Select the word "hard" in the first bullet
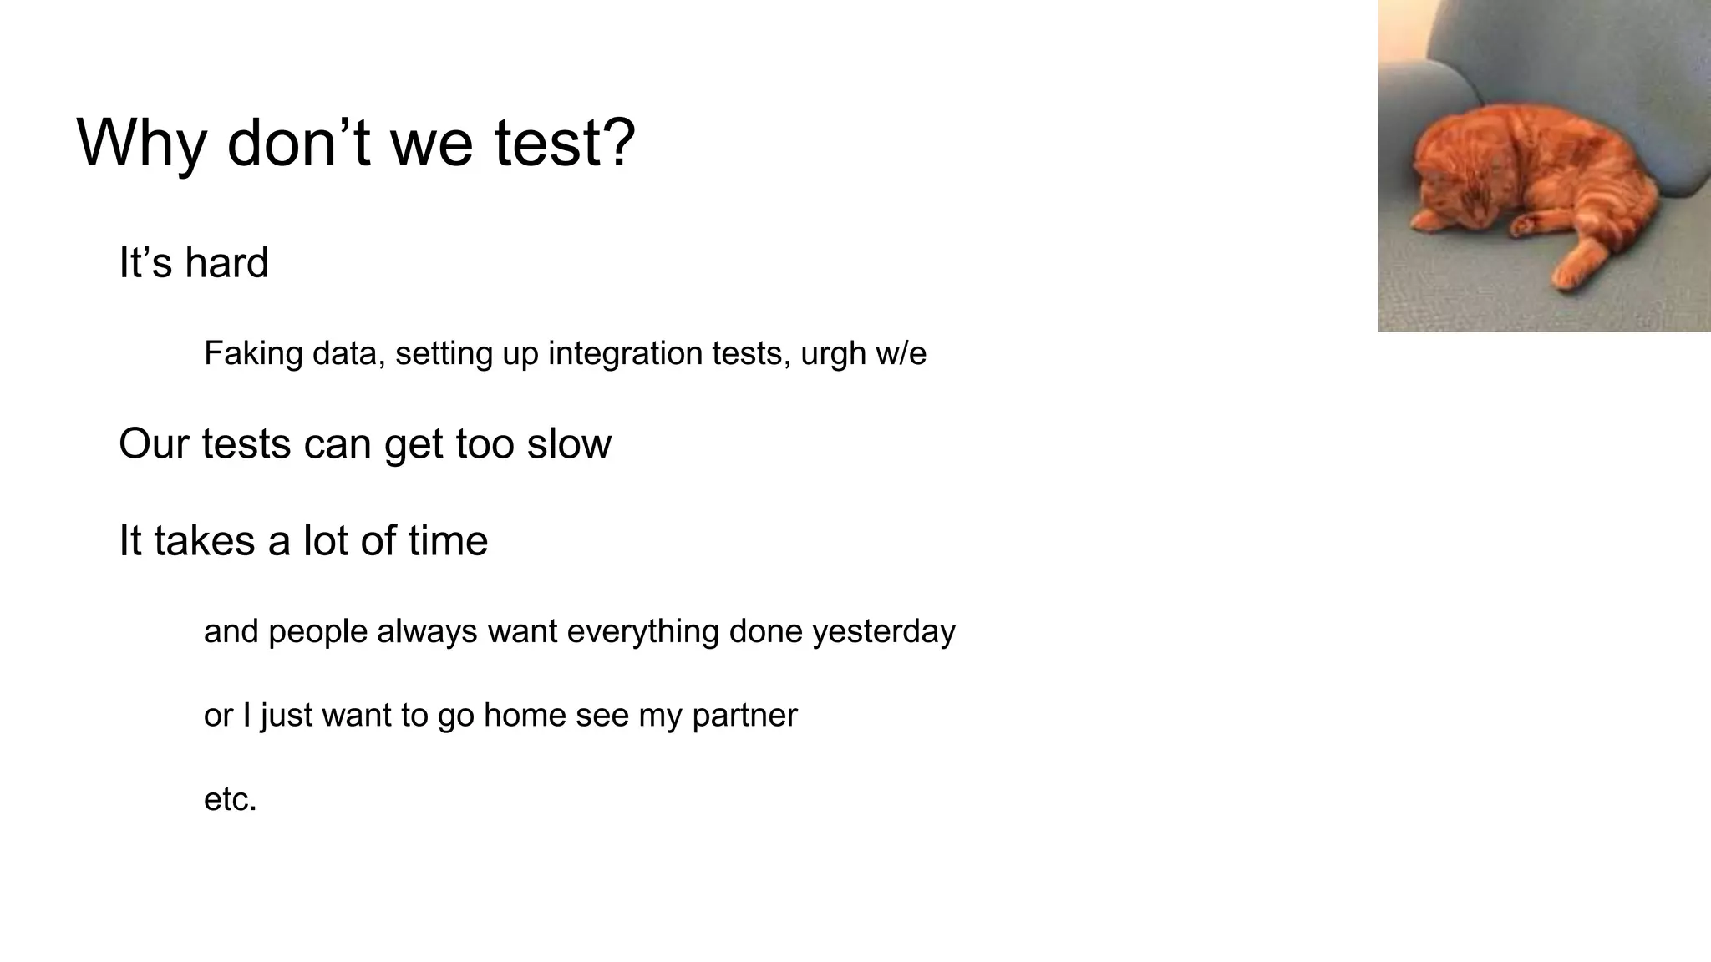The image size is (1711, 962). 226,263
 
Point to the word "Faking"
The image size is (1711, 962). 253,354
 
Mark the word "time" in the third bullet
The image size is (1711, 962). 448,540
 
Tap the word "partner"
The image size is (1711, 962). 745,716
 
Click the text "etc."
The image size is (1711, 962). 230,800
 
